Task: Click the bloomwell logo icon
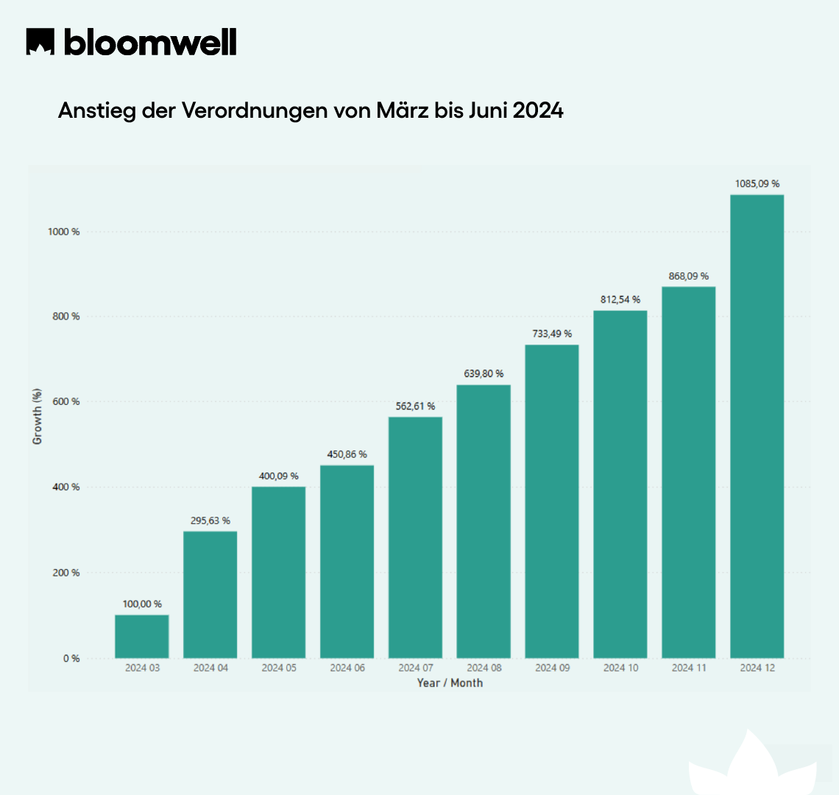pyautogui.click(x=41, y=42)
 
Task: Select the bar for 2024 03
pyautogui.click(x=142, y=636)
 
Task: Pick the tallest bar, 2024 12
pyautogui.click(x=757, y=426)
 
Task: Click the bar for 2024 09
pyautogui.click(x=552, y=501)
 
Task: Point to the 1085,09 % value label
pyautogui.click(x=757, y=184)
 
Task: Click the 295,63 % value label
pyautogui.click(x=210, y=520)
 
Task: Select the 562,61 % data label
pyautogui.click(x=415, y=406)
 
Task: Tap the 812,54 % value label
pyautogui.click(x=620, y=300)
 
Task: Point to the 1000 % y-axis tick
pyautogui.click(x=63, y=232)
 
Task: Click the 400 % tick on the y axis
pyautogui.click(x=66, y=487)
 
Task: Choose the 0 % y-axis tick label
pyautogui.click(x=71, y=659)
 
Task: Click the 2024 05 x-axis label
pyautogui.click(x=279, y=668)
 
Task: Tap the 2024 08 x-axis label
pyautogui.click(x=484, y=668)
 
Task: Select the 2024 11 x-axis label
pyautogui.click(x=689, y=668)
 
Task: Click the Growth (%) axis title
pyautogui.click(x=38, y=417)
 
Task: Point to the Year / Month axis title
pyautogui.click(x=450, y=683)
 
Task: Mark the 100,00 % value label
pyautogui.click(x=142, y=604)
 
